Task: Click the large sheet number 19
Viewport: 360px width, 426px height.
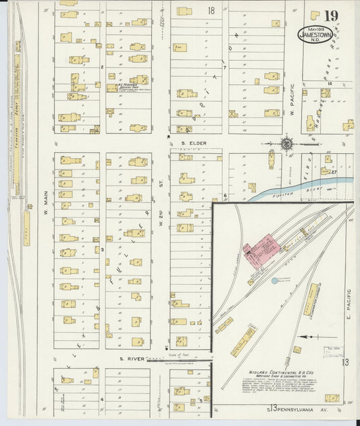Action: (330, 16)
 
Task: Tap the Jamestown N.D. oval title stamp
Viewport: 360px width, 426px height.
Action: (314, 34)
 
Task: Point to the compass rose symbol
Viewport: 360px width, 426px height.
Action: (286, 144)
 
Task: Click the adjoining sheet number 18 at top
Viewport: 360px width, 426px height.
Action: (211, 11)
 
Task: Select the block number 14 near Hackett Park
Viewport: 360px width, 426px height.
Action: (330, 84)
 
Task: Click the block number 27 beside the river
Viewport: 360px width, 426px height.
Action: (334, 172)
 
